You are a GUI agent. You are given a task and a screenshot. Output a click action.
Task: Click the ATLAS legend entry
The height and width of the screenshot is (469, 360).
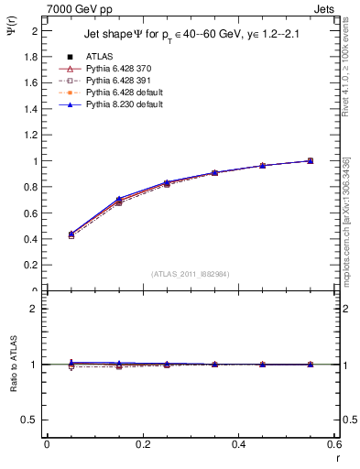(x=98, y=56)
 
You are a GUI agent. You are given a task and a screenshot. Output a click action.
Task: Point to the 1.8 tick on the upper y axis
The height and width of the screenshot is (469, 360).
(x=31, y=57)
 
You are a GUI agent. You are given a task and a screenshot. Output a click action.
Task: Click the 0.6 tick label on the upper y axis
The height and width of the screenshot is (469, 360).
(x=31, y=213)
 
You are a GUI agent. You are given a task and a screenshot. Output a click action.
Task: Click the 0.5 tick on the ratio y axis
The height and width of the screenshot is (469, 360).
(x=31, y=420)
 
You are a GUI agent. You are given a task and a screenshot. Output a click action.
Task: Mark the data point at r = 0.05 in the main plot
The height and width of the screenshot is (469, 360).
(x=71, y=234)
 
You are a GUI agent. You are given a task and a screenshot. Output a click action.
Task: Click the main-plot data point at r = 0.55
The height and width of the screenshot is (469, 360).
(x=311, y=160)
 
